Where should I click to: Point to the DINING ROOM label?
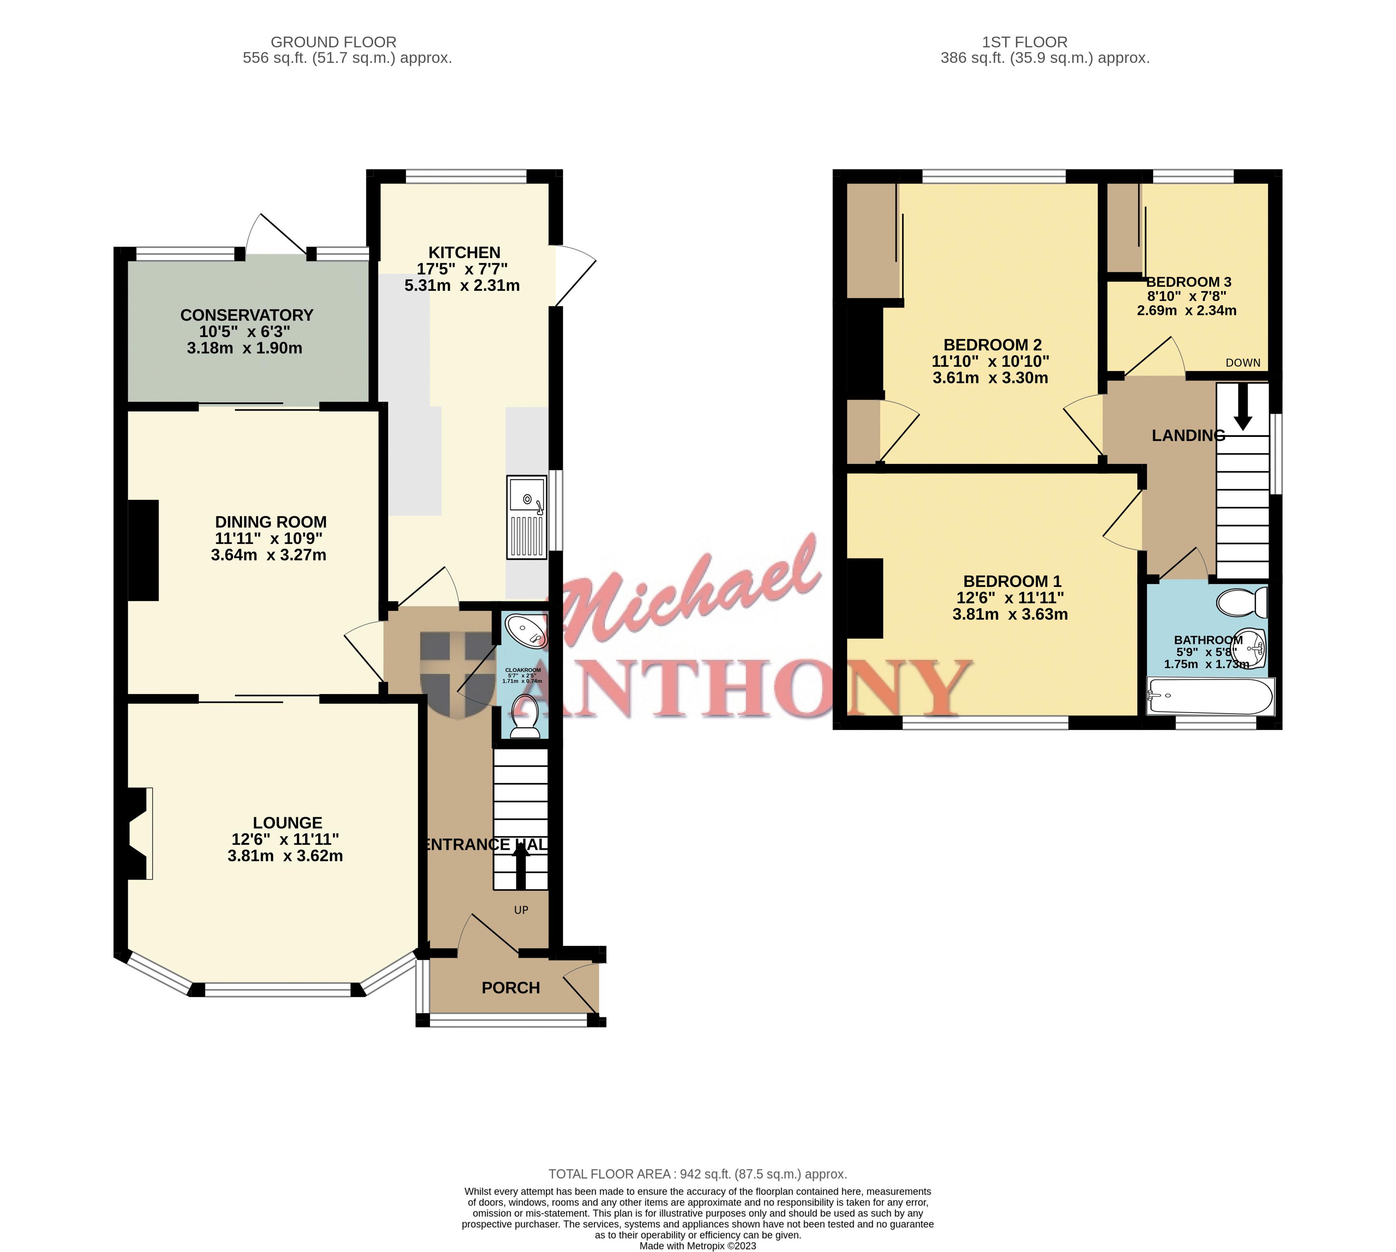pyautogui.click(x=270, y=522)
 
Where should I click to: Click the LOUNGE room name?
pyautogui.click(x=287, y=823)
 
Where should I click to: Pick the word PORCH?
pyautogui.click(x=511, y=988)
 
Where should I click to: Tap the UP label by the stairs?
pyautogui.click(x=521, y=910)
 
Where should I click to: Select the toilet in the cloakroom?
pyautogui.click(x=526, y=716)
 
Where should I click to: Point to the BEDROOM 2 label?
pyautogui.click(x=992, y=345)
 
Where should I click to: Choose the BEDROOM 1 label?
pyautogui.click(x=1012, y=581)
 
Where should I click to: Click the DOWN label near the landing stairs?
pyautogui.click(x=1243, y=363)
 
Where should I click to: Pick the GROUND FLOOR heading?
pyautogui.click(x=333, y=42)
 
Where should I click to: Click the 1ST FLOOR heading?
pyautogui.click(x=1025, y=42)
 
